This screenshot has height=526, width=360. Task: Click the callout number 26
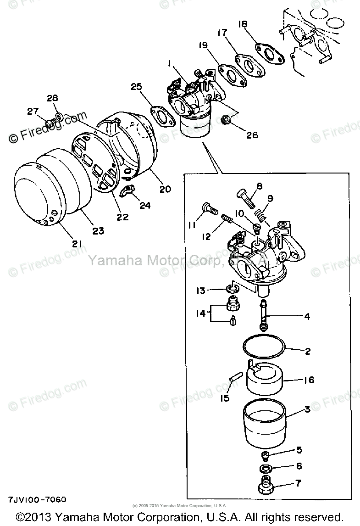pyautogui.click(x=252, y=135)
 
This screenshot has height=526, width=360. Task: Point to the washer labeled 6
pyautogui.click(x=265, y=468)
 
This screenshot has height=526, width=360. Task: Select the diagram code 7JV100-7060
pyautogui.click(x=37, y=498)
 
